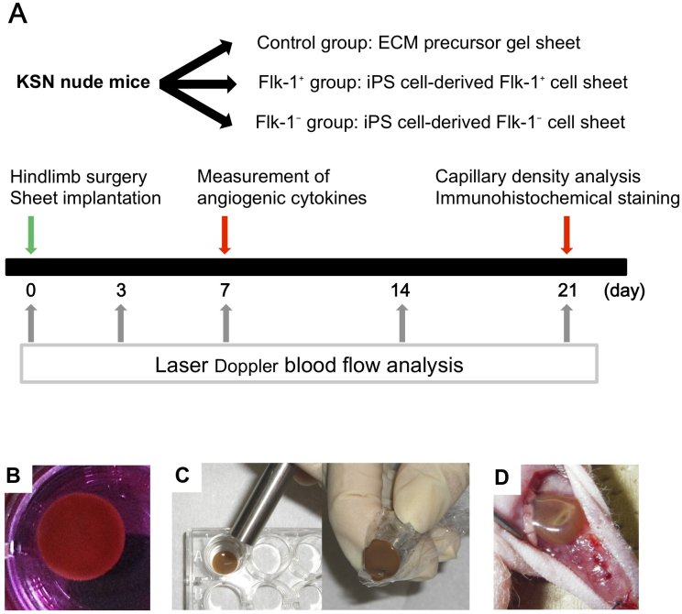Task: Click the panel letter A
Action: (18, 16)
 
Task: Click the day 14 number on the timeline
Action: (400, 291)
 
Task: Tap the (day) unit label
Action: (625, 291)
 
